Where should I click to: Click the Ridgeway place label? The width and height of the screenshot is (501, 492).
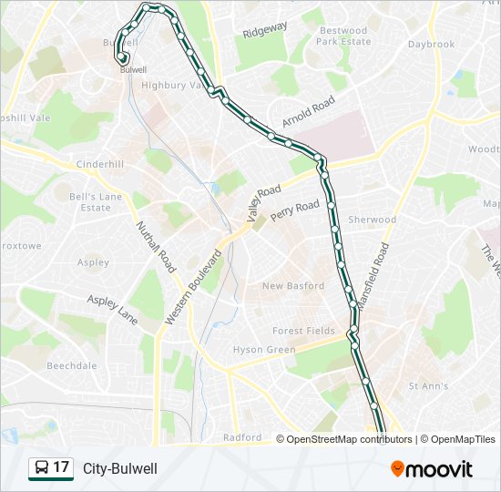coord(265,30)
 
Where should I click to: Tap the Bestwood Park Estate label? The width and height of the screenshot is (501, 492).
coord(344,36)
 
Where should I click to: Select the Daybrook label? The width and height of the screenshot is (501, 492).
coord(431,44)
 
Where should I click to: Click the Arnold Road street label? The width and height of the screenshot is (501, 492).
coord(309,115)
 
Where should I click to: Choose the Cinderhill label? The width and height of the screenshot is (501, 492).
coord(99,164)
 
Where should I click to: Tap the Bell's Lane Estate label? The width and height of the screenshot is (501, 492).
coord(96,201)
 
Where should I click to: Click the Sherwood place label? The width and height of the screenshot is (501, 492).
coord(373,220)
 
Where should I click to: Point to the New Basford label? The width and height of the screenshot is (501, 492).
coord(292,286)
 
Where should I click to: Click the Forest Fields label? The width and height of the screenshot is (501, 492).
coord(303,331)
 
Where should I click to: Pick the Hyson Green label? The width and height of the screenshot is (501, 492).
coord(264,350)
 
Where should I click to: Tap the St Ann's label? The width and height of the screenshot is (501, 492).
coord(428,386)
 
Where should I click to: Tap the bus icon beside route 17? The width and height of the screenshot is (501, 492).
coord(42,468)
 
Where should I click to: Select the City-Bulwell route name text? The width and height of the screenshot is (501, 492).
coord(120,468)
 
